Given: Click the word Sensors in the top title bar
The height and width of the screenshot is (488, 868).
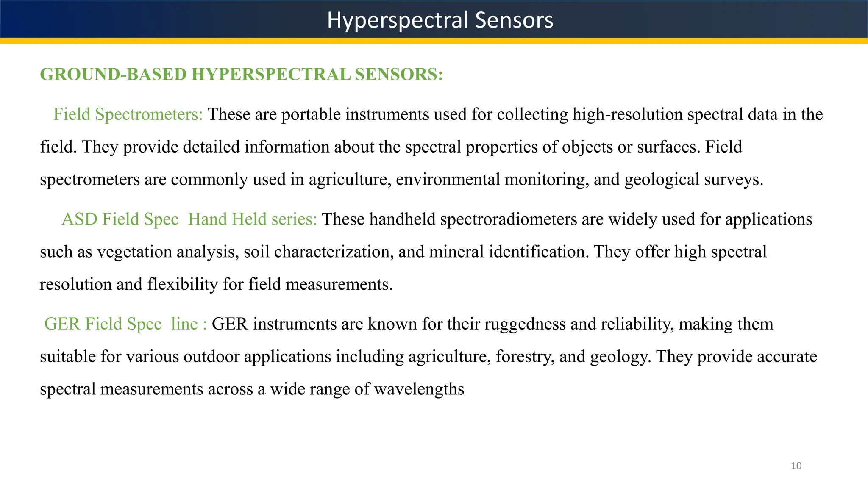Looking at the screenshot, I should [514, 20].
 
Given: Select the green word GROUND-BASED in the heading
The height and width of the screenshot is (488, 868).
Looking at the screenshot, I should [113, 74].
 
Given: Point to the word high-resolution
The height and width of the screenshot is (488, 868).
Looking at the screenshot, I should [627, 114].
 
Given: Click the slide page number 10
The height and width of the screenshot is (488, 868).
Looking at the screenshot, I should [796, 466].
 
